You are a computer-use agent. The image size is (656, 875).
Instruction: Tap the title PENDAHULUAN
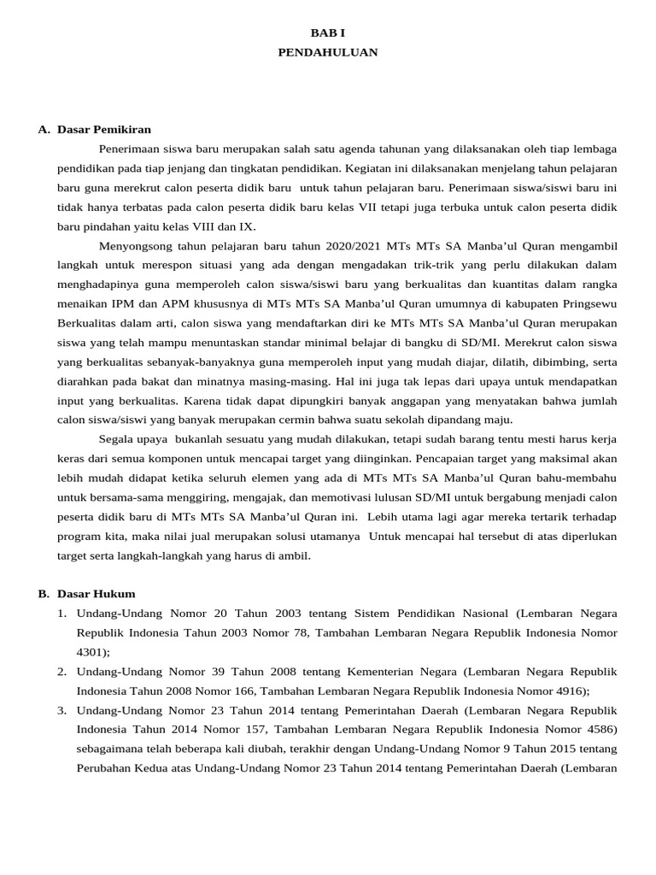(x=328, y=52)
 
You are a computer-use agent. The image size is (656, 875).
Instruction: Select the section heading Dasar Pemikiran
(x=104, y=130)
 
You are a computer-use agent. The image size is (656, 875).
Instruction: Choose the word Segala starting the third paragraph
(x=117, y=439)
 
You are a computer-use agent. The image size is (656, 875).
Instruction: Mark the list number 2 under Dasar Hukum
(x=62, y=672)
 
